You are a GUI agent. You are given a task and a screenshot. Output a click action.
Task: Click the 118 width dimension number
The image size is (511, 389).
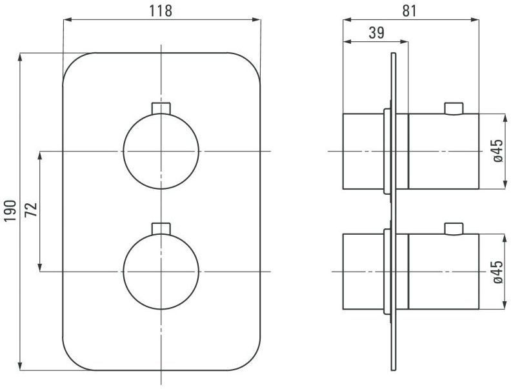coord(161,11)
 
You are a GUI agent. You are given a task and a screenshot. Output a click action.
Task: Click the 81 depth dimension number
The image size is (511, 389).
coord(410,11)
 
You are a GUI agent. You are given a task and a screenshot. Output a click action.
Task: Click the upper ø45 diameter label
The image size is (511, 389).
coord(497,151)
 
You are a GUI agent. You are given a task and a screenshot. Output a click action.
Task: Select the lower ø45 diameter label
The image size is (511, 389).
coord(497,272)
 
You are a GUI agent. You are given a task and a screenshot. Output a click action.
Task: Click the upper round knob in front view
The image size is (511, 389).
coord(161,151)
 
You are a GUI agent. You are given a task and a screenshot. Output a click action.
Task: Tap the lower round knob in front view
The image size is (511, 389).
coord(161,272)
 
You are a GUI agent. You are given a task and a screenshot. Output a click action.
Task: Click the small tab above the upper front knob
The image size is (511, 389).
coord(161,107)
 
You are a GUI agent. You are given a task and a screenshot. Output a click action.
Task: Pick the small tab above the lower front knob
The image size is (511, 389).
coord(161,228)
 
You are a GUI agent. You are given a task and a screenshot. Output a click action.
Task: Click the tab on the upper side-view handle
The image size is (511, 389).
coord(454,108)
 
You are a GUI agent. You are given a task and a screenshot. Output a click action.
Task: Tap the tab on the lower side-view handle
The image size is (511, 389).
coord(454,228)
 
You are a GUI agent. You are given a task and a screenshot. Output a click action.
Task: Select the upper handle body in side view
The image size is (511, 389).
coord(444,151)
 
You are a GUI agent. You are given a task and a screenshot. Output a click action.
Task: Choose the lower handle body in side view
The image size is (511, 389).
coord(444,272)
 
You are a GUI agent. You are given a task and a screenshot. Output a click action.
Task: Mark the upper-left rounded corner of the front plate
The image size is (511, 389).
coord(72,63)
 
